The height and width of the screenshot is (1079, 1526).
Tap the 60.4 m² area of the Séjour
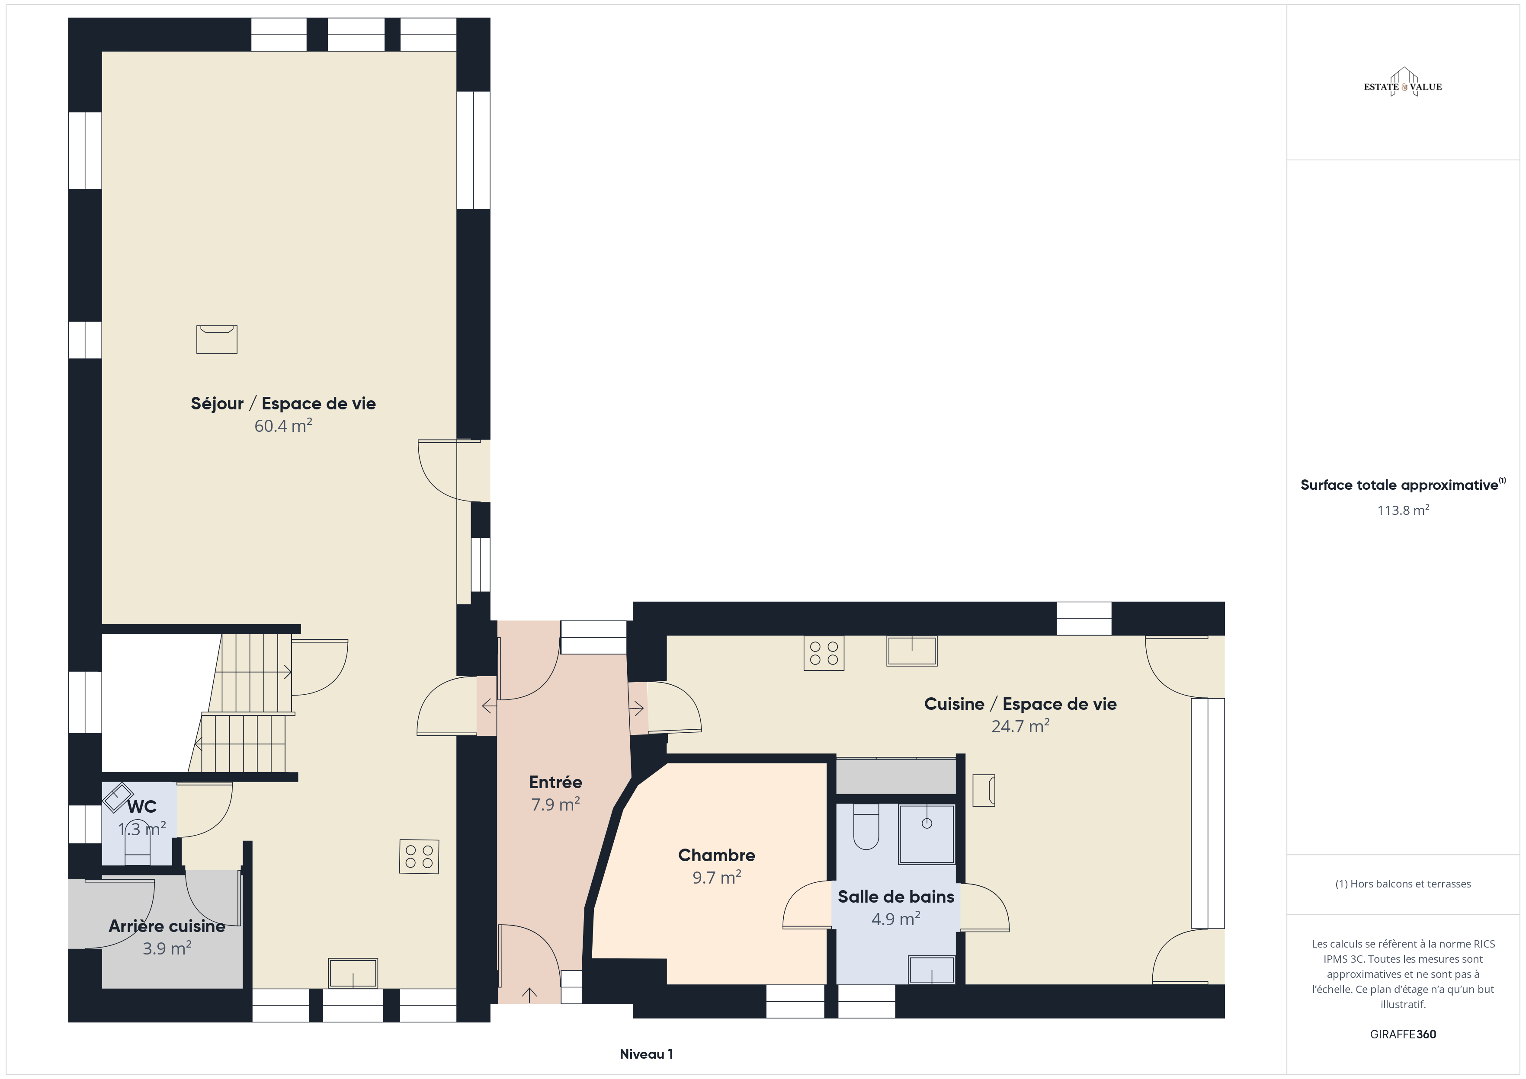tap(283, 425)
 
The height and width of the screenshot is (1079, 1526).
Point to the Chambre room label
tap(716, 855)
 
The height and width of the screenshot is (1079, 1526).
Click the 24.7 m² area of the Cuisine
tap(1020, 726)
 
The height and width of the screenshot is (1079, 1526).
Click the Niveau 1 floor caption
tap(646, 1054)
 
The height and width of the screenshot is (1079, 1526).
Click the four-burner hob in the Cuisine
tap(824, 653)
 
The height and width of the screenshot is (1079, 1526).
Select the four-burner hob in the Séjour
tap(419, 856)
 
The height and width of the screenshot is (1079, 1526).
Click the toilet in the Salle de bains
tap(866, 827)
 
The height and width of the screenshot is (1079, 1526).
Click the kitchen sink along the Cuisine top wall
tap(912, 651)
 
